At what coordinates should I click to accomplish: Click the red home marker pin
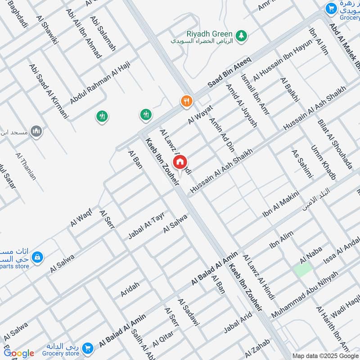pyautogui.click(x=180, y=162)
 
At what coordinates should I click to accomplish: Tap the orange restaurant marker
pyautogui.click(x=186, y=101)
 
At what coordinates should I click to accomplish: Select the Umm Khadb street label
pyautogui.click(x=323, y=163)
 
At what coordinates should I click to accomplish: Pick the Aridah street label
pyautogui.click(x=130, y=289)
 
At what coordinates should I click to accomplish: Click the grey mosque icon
pyautogui.click(x=36, y=132)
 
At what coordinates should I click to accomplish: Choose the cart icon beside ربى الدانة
pyautogui.click(x=87, y=348)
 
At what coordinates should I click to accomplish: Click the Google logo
pyautogui.click(x=19, y=353)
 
